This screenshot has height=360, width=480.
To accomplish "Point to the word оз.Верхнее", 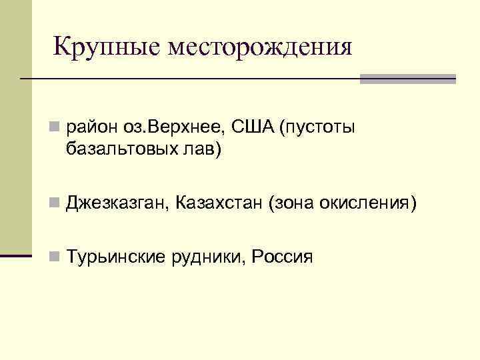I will pos(169,126).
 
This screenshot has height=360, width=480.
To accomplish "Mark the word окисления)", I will pos(367,203).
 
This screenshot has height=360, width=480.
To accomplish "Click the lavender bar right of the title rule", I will pos(407,79).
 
